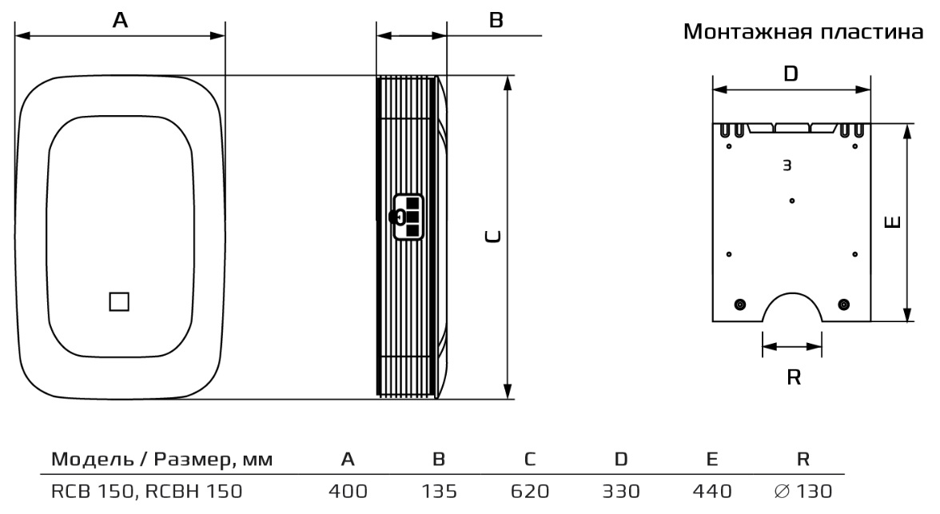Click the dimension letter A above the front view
pyautogui.click(x=120, y=20)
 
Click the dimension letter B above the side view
pyautogui.click(x=496, y=20)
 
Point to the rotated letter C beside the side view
pyautogui.click(x=492, y=237)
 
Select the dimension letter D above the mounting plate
pyautogui.click(x=791, y=74)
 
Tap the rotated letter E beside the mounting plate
pyautogui.click(x=893, y=222)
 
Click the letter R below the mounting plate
pyautogui.click(x=793, y=377)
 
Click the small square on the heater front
pyautogui.click(x=119, y=301)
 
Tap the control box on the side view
pyautogui.click(x=408, y=217)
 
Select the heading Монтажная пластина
pyautogui.click(x=803, y=31)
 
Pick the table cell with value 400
pyautogui.click(x=348, y=491)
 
